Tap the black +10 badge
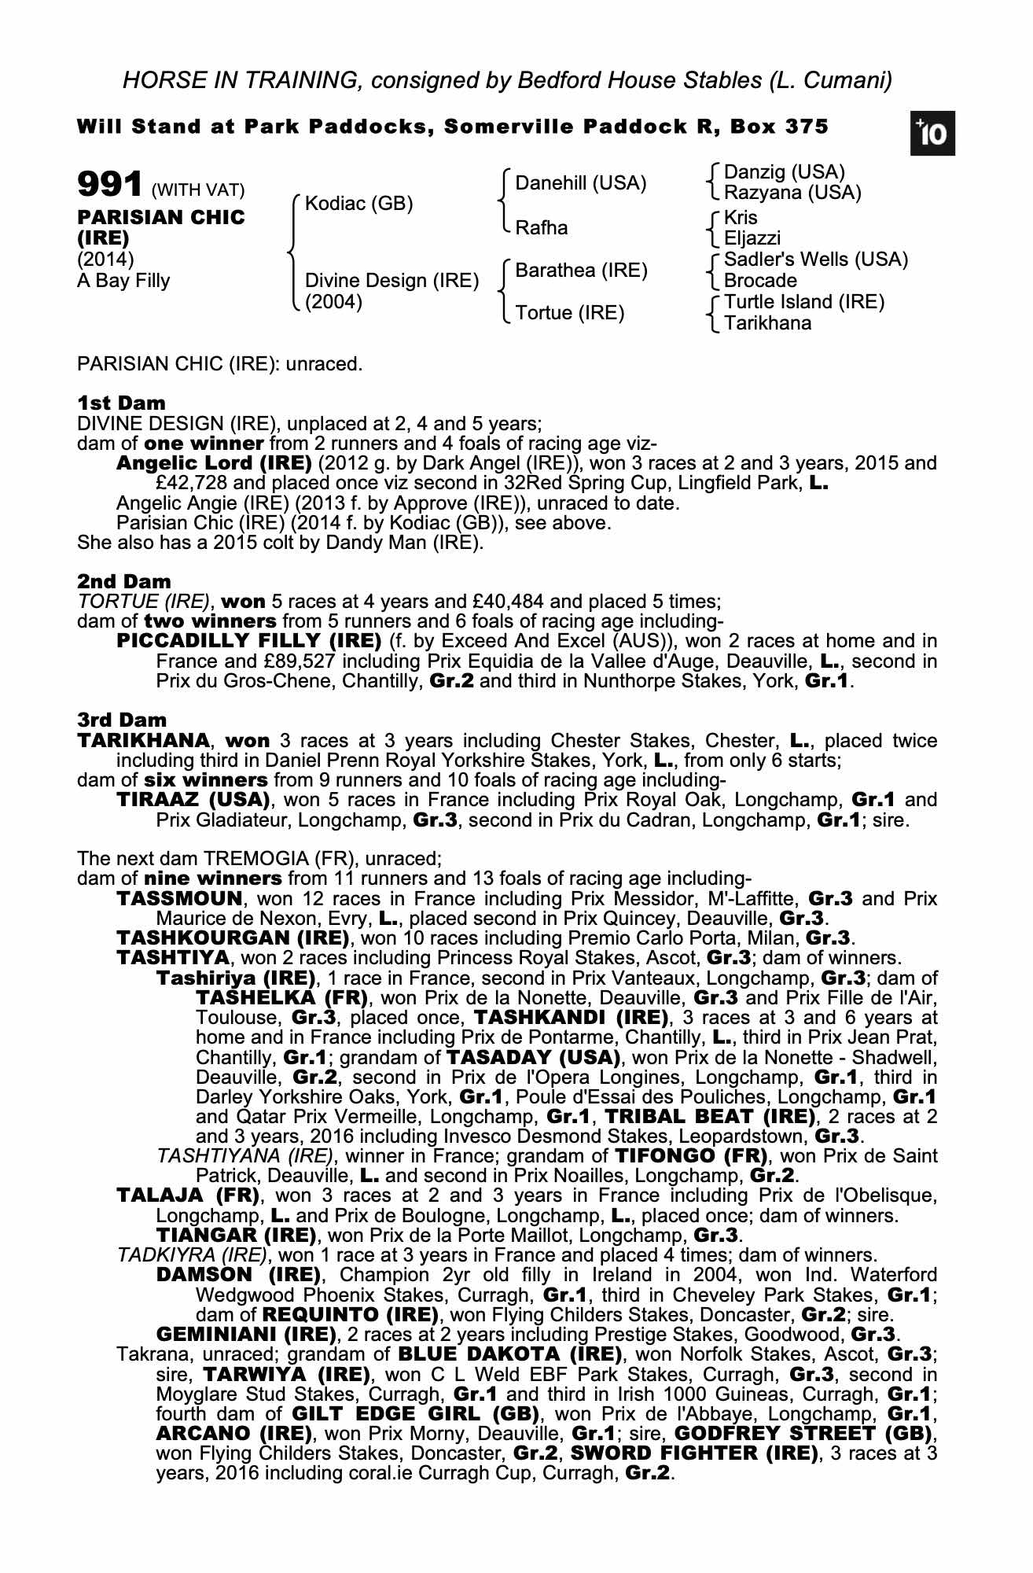pos(933,134)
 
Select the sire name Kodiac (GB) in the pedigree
pos(359,204)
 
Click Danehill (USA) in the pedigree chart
pos(581,183)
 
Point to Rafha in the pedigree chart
pos(541,228)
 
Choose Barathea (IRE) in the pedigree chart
pos(582,271)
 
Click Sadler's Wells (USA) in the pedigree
pos(816,260)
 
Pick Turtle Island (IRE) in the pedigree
pos(804,302)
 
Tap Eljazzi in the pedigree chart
pos(752,238)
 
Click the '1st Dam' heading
pos(121,403)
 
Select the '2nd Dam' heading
pos(123,582)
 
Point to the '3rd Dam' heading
pos(122,720)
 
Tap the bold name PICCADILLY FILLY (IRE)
pos(249,641)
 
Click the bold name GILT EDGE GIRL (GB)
pos(420,1413)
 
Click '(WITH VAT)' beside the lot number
pos(198,190)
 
